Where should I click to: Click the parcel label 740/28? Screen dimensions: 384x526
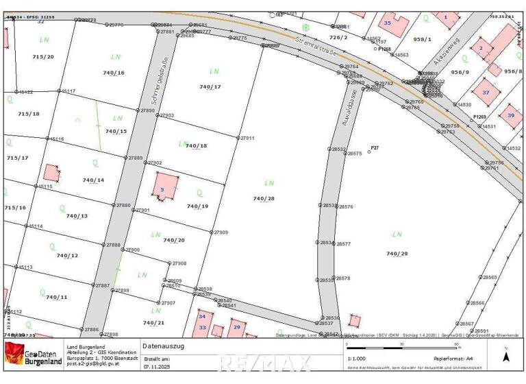[x=264, y=199]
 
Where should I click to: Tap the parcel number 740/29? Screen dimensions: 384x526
[x=397, y=254]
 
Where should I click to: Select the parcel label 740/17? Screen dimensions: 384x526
[x=210, y=87]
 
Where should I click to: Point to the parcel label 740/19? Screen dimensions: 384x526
[x=197, y=206]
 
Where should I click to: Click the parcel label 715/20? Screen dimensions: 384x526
[x=43, y=56]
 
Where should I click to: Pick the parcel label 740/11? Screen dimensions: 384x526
[x=56, y=297]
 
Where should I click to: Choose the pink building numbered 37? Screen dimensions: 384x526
[x=486, y=92]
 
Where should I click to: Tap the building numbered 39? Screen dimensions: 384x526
[x=510, y=115]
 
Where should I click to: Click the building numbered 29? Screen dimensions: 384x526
[x=237, y=328]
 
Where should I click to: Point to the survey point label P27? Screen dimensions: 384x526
[x=374, y=147]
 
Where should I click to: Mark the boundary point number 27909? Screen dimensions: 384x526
[x=221, y=232]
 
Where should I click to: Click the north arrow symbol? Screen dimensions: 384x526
[x=506, y=357]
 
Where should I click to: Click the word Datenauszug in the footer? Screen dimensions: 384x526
[x=164, y=346]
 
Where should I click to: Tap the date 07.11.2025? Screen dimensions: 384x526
[x=156, y=367]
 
